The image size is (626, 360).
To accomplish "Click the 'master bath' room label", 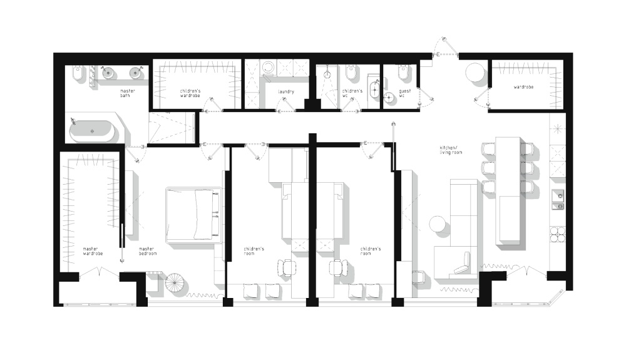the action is [127, 93].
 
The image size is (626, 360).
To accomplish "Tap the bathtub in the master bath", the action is [92, 131].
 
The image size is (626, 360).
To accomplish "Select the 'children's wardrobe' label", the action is [190, 93].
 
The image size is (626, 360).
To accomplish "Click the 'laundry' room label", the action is [286, 92].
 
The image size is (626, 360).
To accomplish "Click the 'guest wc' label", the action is [404, 93].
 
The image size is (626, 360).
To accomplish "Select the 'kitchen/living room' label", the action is [451, 150].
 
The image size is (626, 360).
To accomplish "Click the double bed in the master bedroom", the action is [193, 215].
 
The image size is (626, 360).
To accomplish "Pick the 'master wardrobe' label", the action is [93, 251].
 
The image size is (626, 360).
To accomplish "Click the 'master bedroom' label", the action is [148, 251].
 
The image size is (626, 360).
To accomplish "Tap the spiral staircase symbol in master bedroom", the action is [175, 283].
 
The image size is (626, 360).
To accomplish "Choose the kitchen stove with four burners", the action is [557, 234].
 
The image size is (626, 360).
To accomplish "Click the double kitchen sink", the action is [558, 201].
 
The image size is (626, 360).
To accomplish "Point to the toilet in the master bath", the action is [77, 73].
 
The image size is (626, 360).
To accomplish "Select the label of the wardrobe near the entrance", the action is [523, 86].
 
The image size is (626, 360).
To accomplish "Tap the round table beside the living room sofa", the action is [439, 224].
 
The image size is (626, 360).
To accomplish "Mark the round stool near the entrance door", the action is [475, 73].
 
